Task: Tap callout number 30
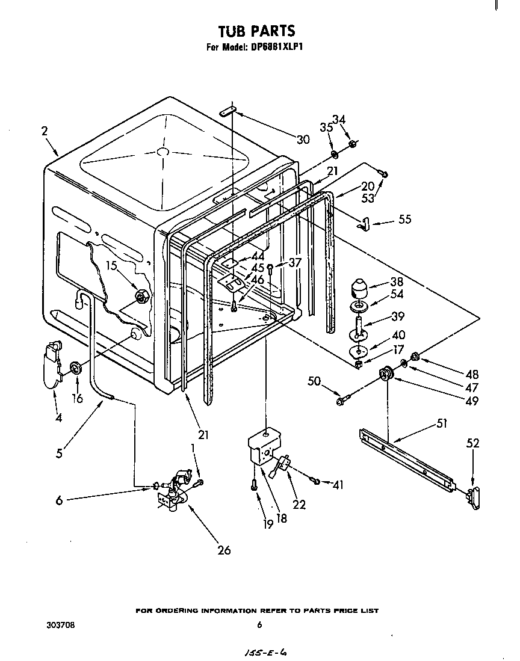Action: coord(303,140)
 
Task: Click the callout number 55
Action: coord(404,220)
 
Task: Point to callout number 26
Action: coord(224,550)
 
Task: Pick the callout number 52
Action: coord(473,444)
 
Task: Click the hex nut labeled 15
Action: coord(143,295)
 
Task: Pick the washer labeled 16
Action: coord(76,367)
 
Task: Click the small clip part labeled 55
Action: coord(362,224)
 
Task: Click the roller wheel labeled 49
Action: coord(385,375)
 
